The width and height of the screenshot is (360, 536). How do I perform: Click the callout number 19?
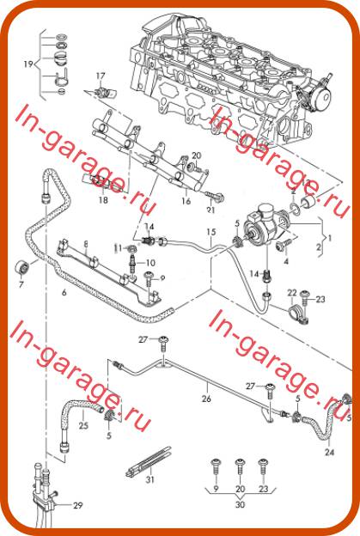click(x=28, y=64)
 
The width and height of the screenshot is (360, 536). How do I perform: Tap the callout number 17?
click(x=101, y=76)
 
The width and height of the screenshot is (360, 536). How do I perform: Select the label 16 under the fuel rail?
click(x=186, y=201)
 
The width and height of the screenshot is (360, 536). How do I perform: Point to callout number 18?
click(x=103, y=199)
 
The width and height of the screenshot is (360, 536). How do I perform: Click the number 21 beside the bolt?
click(x=211, y=210)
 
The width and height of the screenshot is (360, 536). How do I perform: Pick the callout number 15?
click(x=211, y=232)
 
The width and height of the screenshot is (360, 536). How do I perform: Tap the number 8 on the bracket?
click(x=86, y=244)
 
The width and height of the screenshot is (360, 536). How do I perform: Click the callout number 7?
click(x=21, y=283)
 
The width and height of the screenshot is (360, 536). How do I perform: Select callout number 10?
click(x=150, y=263)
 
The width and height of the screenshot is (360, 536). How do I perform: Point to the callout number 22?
click(x=292, y=293)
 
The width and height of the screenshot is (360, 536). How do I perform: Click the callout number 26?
click(x=206, y=399)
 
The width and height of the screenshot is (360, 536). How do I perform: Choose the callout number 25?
click(x=83, y=425)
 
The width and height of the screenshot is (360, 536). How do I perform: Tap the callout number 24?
click(x=329, y=452)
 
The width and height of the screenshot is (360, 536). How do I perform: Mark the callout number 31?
click(x=150, y=479)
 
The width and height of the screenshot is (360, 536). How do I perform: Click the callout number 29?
click(x=78, y=505)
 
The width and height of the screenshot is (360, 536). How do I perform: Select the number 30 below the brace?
click(x=241, y=504)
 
